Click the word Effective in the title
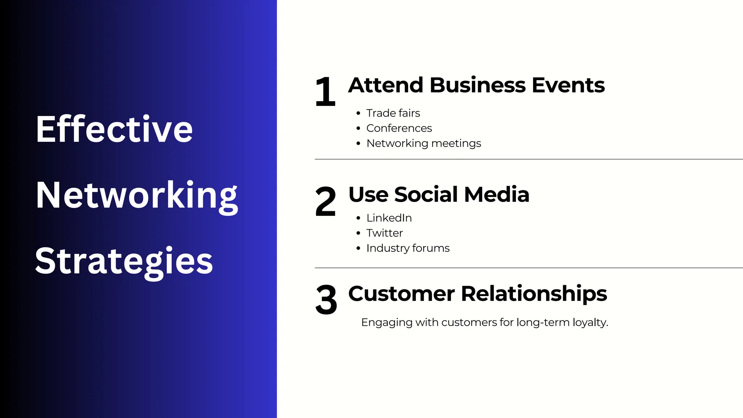114,129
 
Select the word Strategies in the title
124,261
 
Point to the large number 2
325,202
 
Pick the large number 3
326,300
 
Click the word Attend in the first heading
386,85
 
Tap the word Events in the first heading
568,85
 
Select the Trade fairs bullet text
393,113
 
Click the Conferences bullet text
399,128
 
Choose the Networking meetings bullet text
423,143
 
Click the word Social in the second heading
426,194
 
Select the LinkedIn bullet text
389,218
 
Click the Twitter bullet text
385,233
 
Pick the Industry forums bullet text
408,248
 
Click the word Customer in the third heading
401,294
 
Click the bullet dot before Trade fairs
358,113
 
